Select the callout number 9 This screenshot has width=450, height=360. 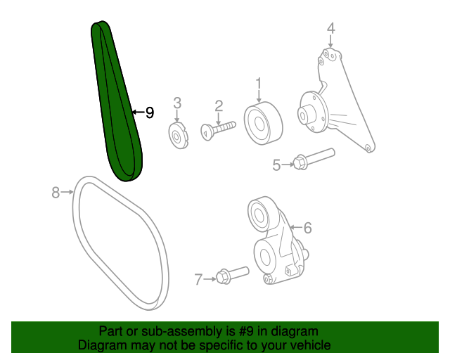150,112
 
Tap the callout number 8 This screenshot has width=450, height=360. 56,193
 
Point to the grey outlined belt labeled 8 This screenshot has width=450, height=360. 120,243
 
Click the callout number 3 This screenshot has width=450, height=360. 177,103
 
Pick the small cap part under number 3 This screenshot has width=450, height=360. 178,136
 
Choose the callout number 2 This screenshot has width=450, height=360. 219,106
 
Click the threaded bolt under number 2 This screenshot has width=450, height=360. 218,131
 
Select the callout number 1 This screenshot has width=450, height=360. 259,83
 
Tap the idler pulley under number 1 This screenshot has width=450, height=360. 263,123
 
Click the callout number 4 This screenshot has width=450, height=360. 331,28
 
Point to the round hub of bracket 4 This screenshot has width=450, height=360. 314,112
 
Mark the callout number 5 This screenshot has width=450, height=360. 276,165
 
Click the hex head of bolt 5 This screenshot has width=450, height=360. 300,163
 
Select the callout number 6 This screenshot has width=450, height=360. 307,228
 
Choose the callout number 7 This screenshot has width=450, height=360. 198,279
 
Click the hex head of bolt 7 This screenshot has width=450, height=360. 223,277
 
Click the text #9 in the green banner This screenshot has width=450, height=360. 246,331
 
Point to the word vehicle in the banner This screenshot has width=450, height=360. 313,345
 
